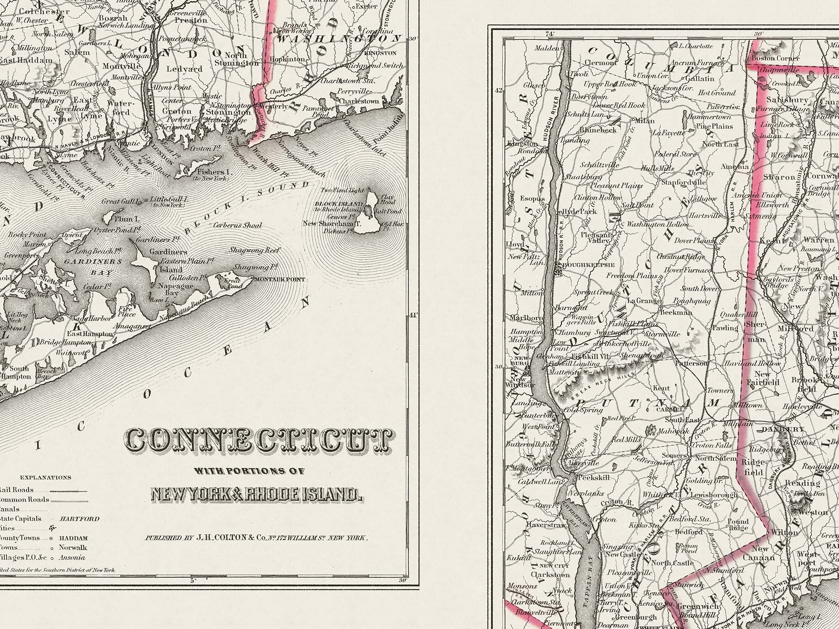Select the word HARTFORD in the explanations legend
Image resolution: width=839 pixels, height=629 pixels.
coord(80,519)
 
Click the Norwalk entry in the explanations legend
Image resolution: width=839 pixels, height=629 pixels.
coord(73,547)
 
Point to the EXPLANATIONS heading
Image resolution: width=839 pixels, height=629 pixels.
coord(45,478)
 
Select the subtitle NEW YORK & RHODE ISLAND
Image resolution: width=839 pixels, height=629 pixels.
coord(256,495)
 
